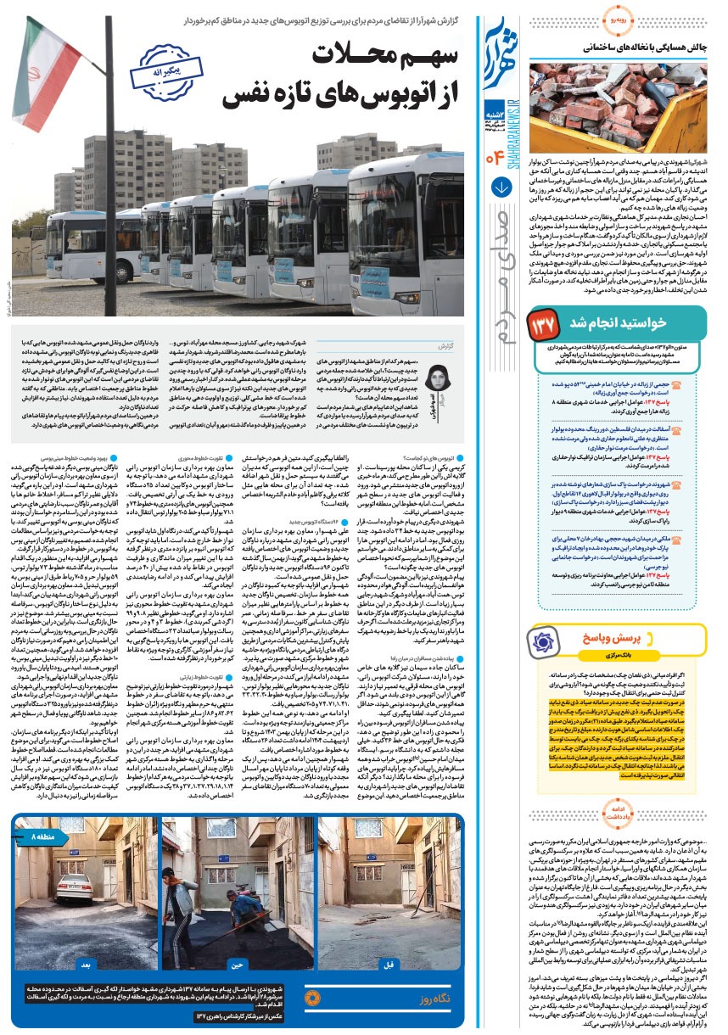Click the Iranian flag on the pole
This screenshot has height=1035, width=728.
pyautogui.click(x=47, y=68)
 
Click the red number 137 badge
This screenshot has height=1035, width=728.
pyautogui.click(x=544, y=323)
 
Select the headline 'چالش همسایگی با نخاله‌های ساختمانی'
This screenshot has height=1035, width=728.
pyautogui.click(x=624, y=49)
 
